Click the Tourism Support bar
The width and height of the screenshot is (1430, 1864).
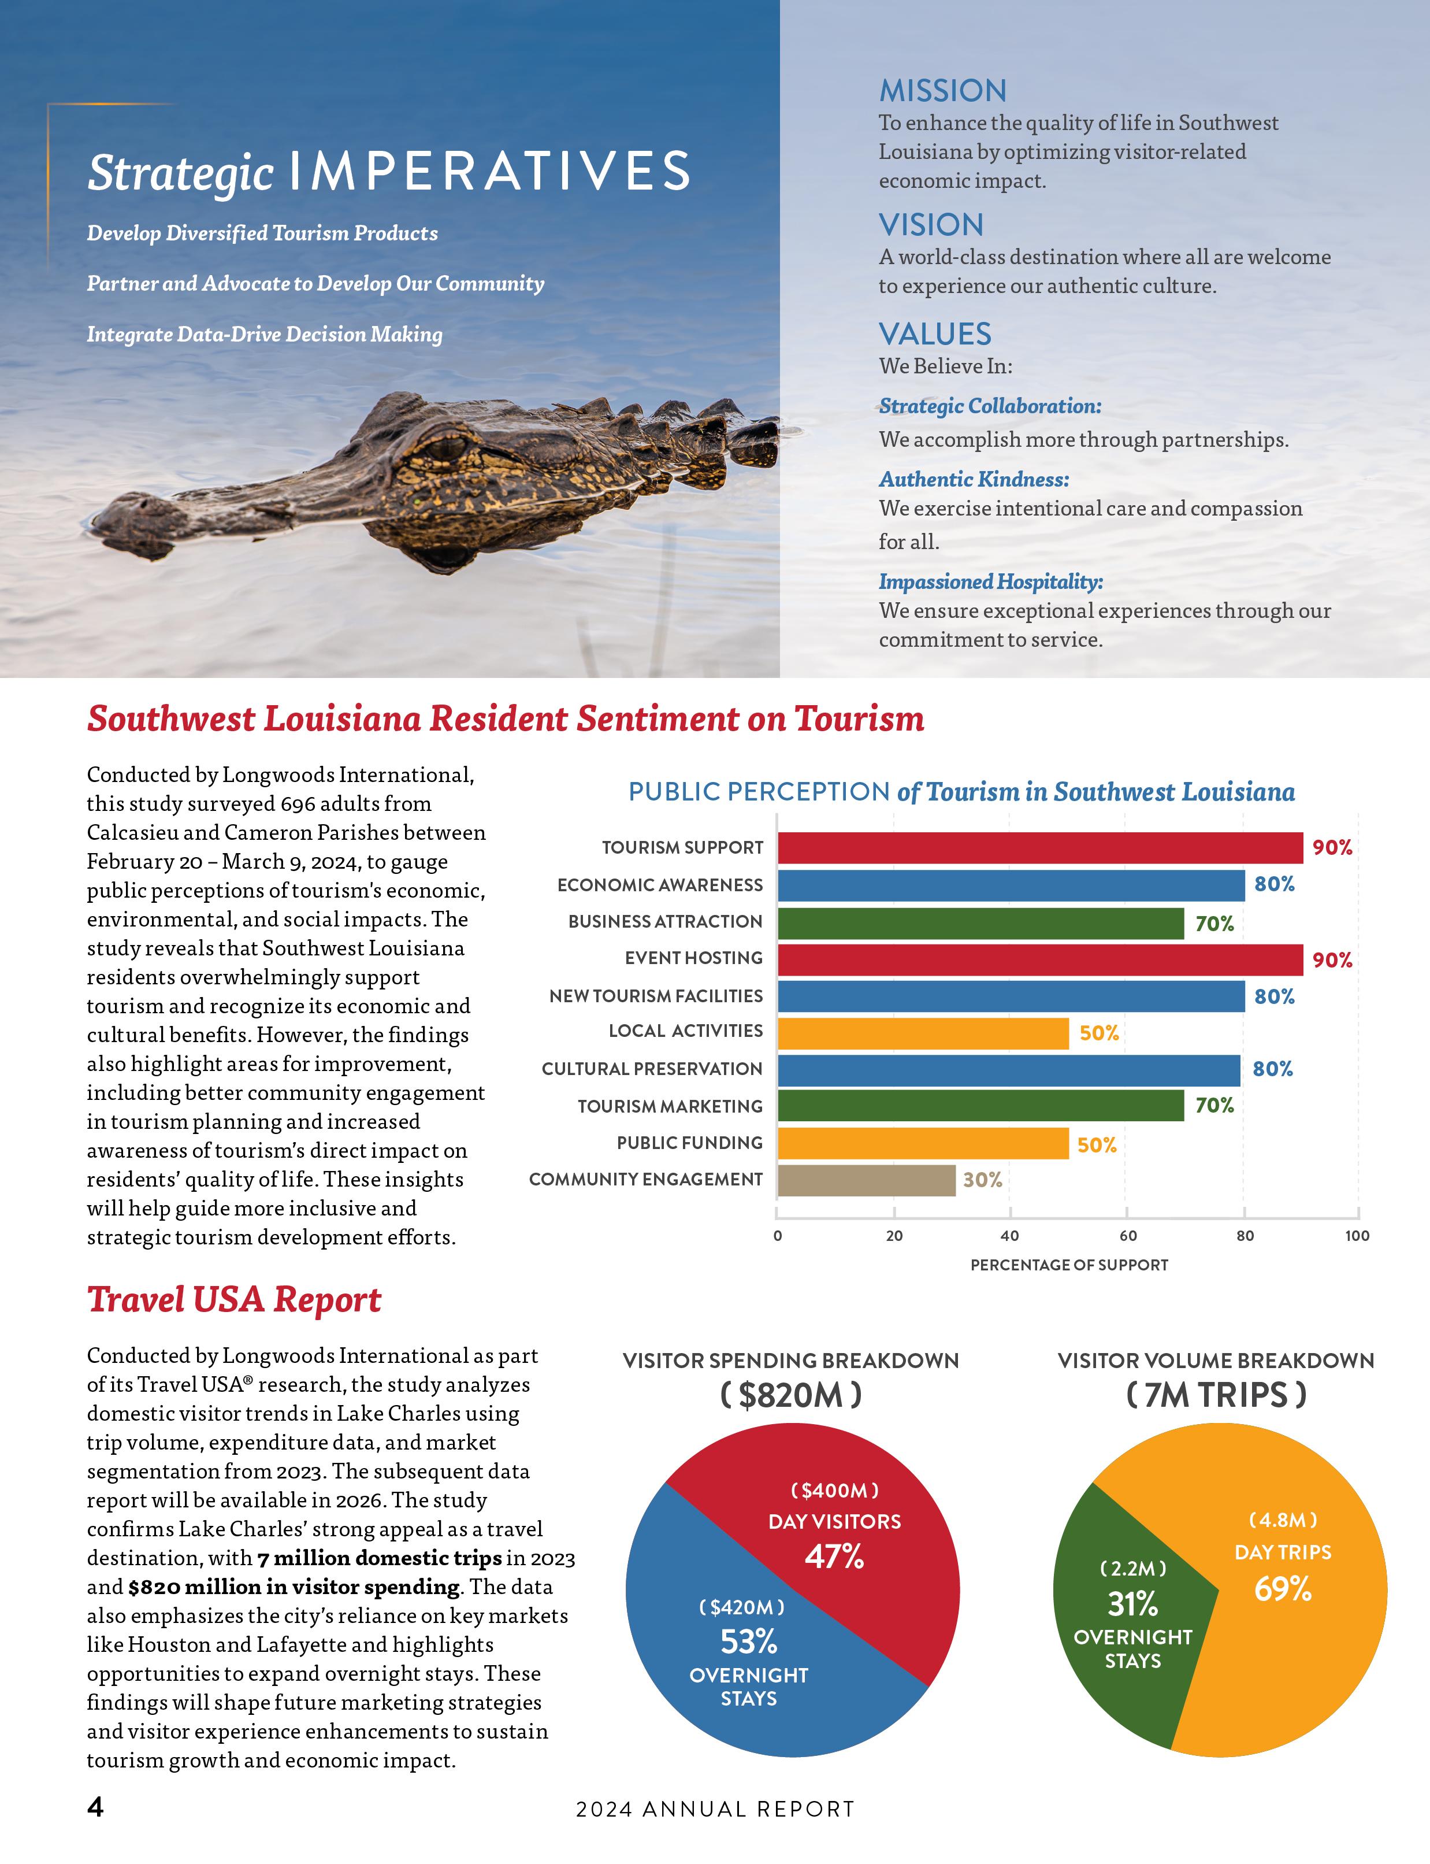(1039, 847)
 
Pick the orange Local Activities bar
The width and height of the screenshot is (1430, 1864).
(923, 1033)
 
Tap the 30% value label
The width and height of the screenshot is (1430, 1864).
(982, 1180)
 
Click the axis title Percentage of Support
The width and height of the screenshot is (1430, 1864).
(1069, 1265)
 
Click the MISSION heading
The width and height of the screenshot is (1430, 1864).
(942, 91)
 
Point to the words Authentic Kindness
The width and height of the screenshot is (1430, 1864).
(974, 479)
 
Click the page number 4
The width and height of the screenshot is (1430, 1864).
(95, 1807)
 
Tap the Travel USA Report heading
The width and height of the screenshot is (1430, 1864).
(234, 1299)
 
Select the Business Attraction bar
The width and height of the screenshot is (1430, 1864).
(980, 923)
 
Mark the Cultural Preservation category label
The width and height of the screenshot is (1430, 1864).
(652, 1069)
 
